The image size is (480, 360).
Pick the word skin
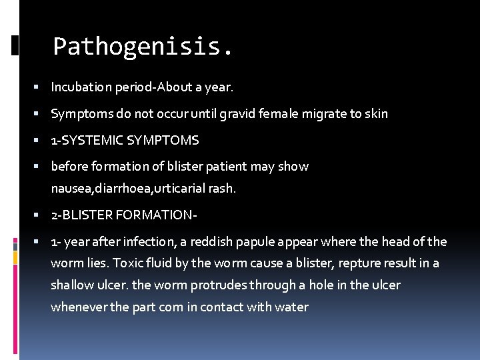(x=377, y=114)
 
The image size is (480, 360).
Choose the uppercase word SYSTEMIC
(x=98, y=141)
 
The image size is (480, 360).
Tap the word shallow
(x=71, y=285)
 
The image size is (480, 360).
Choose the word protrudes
(x=218, y=285)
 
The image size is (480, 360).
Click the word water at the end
(x=293, y=307)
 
